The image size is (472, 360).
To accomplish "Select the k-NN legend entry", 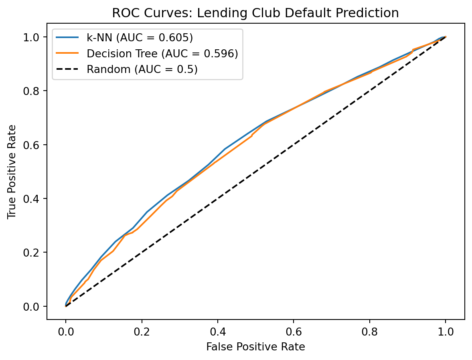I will [x=140, y=38].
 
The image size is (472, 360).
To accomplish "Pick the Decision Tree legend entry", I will [x=162, y=54].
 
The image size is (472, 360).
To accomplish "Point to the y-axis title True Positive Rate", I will [x=12, y=172].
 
